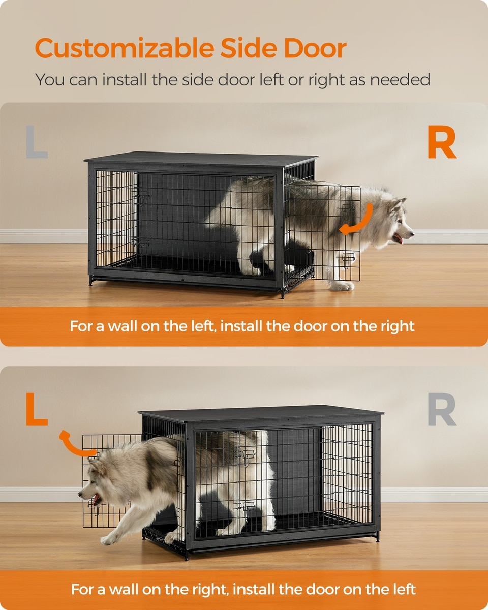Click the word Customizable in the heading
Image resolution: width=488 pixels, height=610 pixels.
[125, 48]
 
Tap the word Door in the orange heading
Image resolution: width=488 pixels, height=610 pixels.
[315, 48]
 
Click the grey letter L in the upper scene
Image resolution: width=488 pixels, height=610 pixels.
[37, 141]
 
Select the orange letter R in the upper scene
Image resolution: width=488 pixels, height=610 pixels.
[442, 141]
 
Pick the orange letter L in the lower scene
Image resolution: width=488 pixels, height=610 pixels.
[37, 409]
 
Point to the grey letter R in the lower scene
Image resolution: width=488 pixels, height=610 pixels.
[442, 409]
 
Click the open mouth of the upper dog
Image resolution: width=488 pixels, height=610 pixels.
[398, 238]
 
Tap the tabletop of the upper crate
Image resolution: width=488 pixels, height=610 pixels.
[201, 159]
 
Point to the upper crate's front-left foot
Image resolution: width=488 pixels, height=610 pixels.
[91, 280]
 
